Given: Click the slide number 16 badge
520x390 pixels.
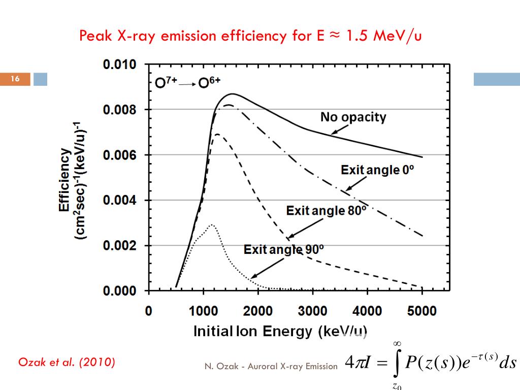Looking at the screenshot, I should coord(15,79).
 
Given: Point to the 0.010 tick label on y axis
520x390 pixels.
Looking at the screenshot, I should coord(120,64).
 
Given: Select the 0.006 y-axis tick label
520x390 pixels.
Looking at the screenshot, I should coord(120,155).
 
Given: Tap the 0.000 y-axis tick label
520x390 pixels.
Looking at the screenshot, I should coord(120,291).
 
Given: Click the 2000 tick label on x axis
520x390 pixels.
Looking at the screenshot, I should coord(257,311).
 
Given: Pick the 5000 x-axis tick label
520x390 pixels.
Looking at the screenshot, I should coord(422,311).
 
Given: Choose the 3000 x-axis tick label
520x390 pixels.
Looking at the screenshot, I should coord(312,311).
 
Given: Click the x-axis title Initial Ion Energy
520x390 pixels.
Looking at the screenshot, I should coord(280,332).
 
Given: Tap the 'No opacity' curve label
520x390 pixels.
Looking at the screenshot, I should coord(353,117).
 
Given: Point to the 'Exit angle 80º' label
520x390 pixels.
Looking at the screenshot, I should coord(326,210).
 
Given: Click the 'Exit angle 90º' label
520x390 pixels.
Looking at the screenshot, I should coord(284,249).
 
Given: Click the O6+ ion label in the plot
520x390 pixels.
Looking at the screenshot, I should coord(210,83).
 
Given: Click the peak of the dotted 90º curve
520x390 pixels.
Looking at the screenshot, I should coord(212,224).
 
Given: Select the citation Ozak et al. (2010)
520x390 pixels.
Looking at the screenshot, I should coord(67,363).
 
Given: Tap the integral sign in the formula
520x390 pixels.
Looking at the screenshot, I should coord(398,363).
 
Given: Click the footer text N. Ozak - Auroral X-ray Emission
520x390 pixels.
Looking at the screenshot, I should coord(271,366).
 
